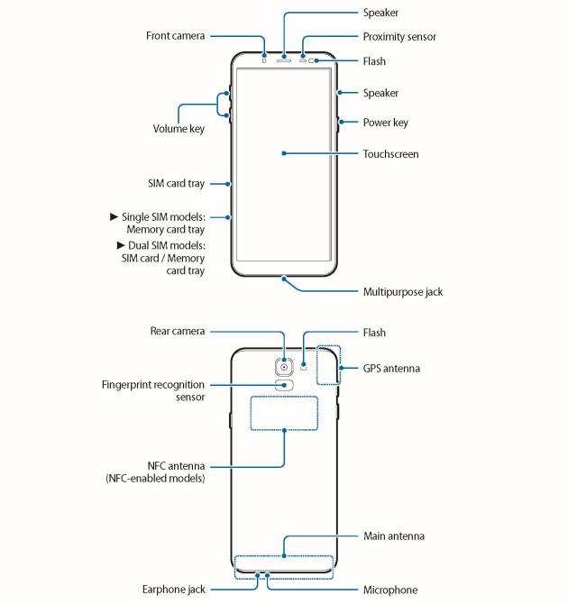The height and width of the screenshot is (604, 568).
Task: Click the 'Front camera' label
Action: coord(176,36)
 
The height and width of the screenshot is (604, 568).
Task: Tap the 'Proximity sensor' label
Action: coord(399,37)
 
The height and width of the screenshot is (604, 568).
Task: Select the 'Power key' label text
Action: coord(385,123)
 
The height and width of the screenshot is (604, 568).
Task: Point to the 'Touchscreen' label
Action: coord(390,154)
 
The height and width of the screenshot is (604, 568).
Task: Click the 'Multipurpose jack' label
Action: coord(402,292)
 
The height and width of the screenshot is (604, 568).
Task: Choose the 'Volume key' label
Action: coord(178,129)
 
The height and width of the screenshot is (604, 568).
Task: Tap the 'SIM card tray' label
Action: coord(176,183)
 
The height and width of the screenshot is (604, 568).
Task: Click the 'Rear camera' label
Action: coord(176,332)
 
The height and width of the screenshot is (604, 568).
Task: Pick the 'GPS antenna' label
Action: coord(391,369)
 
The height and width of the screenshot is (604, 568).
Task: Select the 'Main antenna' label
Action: coord(393,536)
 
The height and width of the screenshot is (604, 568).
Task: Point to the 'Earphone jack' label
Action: coord(175,590)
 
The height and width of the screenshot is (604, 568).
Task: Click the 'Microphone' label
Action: coord(389,590)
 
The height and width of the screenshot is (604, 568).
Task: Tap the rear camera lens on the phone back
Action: coord(285,367)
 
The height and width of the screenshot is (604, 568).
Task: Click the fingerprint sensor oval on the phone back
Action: coord(285,385)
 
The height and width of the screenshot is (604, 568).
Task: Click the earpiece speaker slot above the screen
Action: coord(285,59)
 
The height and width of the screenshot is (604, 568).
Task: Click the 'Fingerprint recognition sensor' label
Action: coord(152,390)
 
